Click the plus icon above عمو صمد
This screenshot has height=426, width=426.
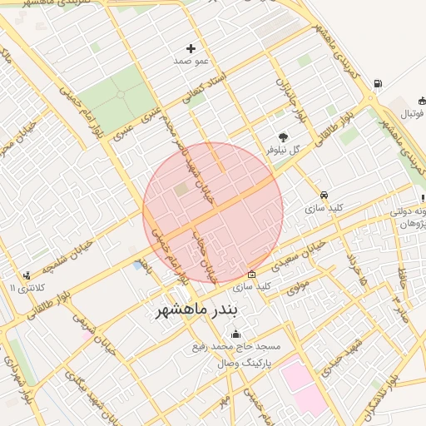[191, 49]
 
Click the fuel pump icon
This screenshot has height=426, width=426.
[378, 84]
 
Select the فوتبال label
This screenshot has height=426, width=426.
[407, 112]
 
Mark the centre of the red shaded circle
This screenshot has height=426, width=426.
[213, 212]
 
